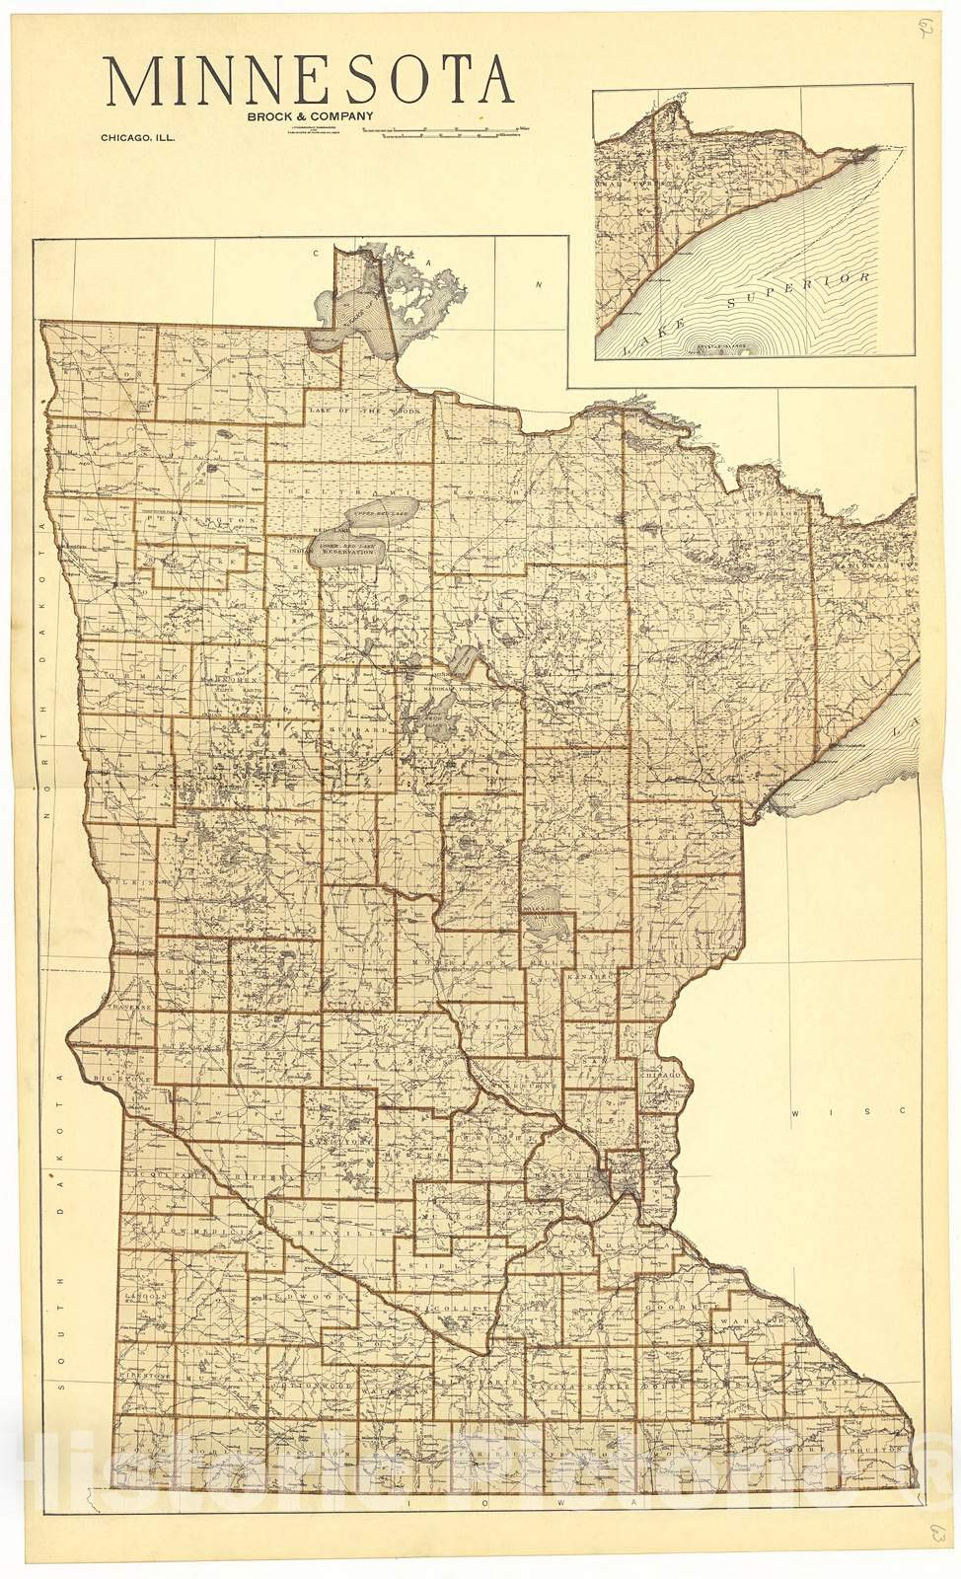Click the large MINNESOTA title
pos(309,83)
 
